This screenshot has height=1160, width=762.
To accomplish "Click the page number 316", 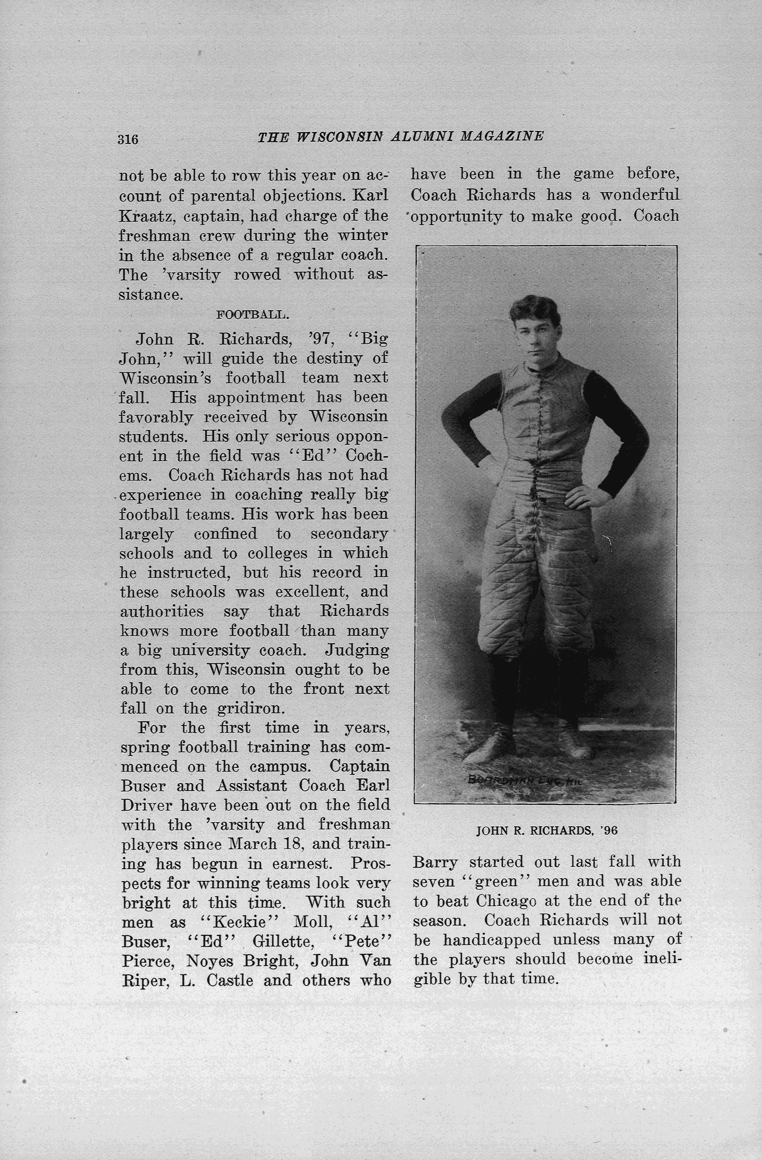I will [128, 139].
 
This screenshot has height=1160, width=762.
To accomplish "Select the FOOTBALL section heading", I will [252, 314].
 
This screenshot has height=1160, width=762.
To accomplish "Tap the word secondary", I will [349, 534].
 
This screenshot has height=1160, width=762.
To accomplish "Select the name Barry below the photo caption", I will [435, 862].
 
